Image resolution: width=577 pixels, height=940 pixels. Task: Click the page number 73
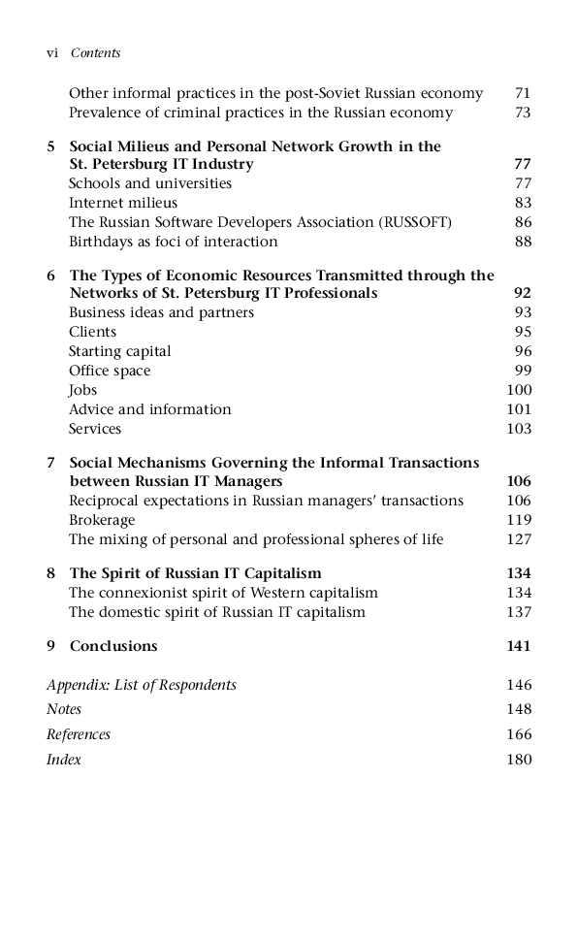click(523, 113)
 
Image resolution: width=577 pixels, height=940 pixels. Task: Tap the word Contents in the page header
click(95, 53)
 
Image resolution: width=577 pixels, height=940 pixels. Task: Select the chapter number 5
click(50, 146)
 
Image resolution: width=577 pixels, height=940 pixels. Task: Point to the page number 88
click(523, 242)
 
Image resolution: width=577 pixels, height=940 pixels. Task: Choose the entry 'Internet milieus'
click(123, 203)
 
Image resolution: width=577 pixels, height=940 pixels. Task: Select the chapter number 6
click(50, 276)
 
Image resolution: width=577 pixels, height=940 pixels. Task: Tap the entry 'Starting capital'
click(119, 351)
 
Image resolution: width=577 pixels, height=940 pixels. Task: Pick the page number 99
click(523, 371)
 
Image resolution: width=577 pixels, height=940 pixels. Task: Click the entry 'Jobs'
click(82, 390)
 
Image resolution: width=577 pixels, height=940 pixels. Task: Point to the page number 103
click(519, 429)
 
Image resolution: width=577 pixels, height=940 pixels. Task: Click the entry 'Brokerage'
click(102, 520)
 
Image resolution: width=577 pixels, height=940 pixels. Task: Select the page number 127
click(519, 539)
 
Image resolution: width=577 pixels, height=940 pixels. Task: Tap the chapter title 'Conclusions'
click(112, 646)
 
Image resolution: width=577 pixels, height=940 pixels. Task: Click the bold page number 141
click(519, 646)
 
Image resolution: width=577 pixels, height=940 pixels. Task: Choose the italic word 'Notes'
click(64, 709)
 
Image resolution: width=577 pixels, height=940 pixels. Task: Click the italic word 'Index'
click(64, 760)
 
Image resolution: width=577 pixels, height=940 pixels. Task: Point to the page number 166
click(519, 734)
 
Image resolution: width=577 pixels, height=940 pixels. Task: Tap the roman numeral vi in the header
click(52, 53)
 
